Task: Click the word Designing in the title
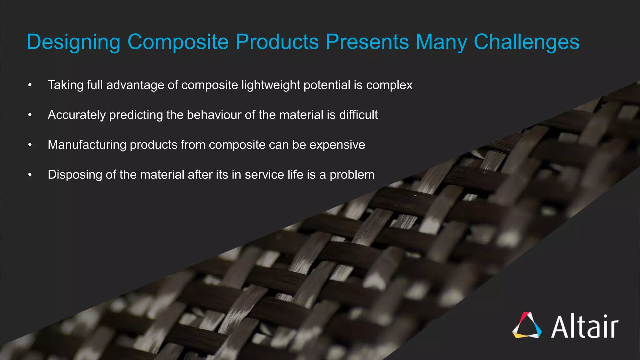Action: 73,42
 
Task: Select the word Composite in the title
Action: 178,42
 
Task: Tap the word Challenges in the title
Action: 527,42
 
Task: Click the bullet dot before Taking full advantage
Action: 30,85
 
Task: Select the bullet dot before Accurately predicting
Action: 30,115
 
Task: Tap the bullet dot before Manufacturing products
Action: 30,145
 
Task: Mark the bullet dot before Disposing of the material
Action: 30,175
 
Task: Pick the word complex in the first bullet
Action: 389,85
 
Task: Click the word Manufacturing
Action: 87,145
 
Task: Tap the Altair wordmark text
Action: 585,326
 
